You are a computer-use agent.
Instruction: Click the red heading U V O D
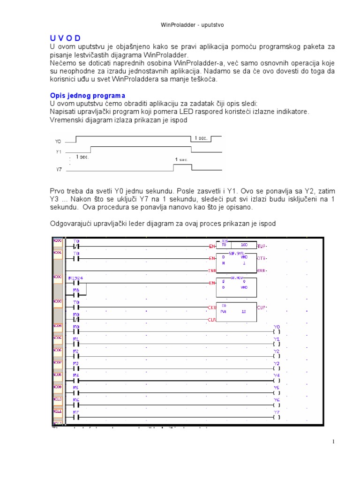tap(65, 38)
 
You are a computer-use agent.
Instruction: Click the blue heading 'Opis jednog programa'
tap(88, 95)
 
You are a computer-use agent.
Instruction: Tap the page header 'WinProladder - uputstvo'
tap(180, 25)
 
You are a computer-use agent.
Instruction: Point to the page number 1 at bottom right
tap(333, 442)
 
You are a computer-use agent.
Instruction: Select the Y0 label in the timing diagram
tap(58, 141)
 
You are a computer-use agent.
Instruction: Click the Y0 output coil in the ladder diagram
tap(276, 330)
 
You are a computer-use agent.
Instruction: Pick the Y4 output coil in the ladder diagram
tap(276, 379)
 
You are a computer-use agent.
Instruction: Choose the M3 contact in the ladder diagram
tap(76, 367)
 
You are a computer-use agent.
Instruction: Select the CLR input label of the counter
tap(211, 319)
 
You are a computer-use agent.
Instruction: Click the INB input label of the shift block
tap(211, 270)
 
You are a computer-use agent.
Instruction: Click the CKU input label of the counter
tap(211, 307)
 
